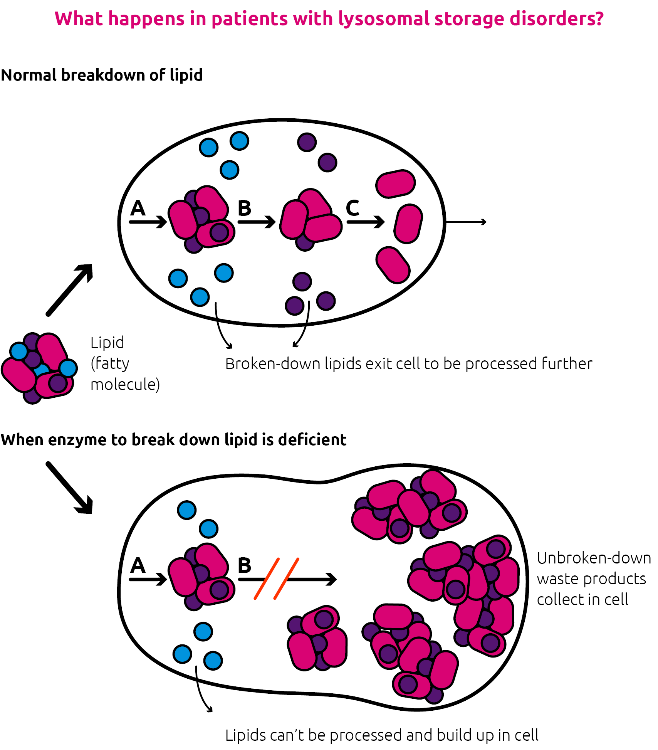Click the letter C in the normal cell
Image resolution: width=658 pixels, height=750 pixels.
(x=352, y=208)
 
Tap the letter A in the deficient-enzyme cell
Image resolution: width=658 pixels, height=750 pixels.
(x=138, y=565)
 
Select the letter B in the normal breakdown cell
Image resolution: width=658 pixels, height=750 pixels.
(x=244, y=208)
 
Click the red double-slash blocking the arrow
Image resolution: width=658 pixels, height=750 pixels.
(x=277, y=578)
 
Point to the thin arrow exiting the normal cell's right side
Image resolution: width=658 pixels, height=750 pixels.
(x=466, y=222)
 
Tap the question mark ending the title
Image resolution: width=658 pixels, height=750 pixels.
(x=598, y=18)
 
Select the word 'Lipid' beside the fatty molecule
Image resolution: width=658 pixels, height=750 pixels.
(x=107, y=343)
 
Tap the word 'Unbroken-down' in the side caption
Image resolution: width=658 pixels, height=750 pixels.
(x=594, y=558)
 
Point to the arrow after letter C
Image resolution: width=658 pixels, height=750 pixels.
(x=366, y=222)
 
